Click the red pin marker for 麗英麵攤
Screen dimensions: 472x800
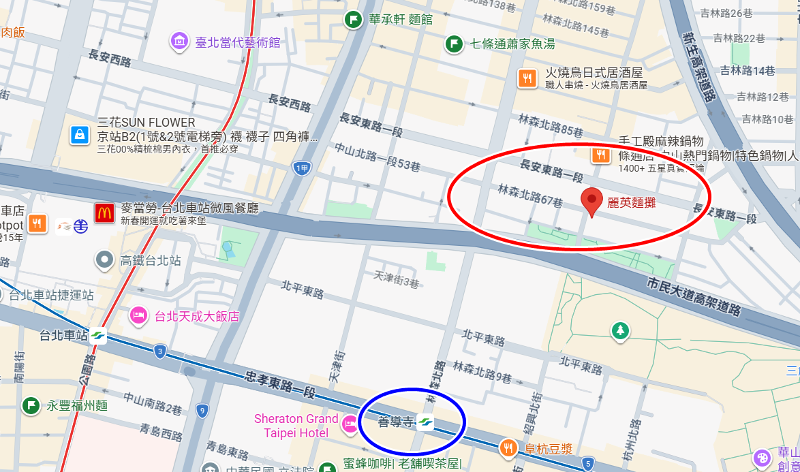pyautogui.click(x=592, y=201)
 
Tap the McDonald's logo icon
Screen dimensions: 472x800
pyautogui.click(x=104, y=213)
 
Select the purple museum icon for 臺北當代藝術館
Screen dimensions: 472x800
pyautogui.click(x=179, y=42)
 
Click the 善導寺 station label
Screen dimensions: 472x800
pyautogui.click(x=396, y=422)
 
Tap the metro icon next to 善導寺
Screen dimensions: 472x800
pyautogui.click(x=426, y=422)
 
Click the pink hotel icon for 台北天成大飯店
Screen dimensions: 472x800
pyautogui.click(x=138, y=315)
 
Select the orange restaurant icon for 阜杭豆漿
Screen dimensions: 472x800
pyautogui.click(x=508, y=448)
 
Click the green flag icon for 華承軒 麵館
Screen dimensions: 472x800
pyautogui.click(x=353, y=19)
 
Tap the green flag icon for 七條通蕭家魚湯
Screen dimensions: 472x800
pyautogui.click(x=454, y=44)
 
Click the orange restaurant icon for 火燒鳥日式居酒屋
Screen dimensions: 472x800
pyautogui.click(x=527, y=78)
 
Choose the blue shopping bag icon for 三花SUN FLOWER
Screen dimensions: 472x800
pyautogui.click(x=80, y=135)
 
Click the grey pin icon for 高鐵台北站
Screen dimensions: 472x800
pyautogui.click(x=104, y=259)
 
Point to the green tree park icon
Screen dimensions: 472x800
pyautogui.click(x=619, y=331)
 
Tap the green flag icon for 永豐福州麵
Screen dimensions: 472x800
pyautogui.click(x=31, y=406)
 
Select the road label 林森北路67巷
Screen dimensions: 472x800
pyautogui.click(x=530, y=195)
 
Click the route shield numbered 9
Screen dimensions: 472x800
pyautogui.click(x=202, y=410)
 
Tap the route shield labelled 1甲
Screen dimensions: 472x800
pyautogui.click(x=301, y=168)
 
